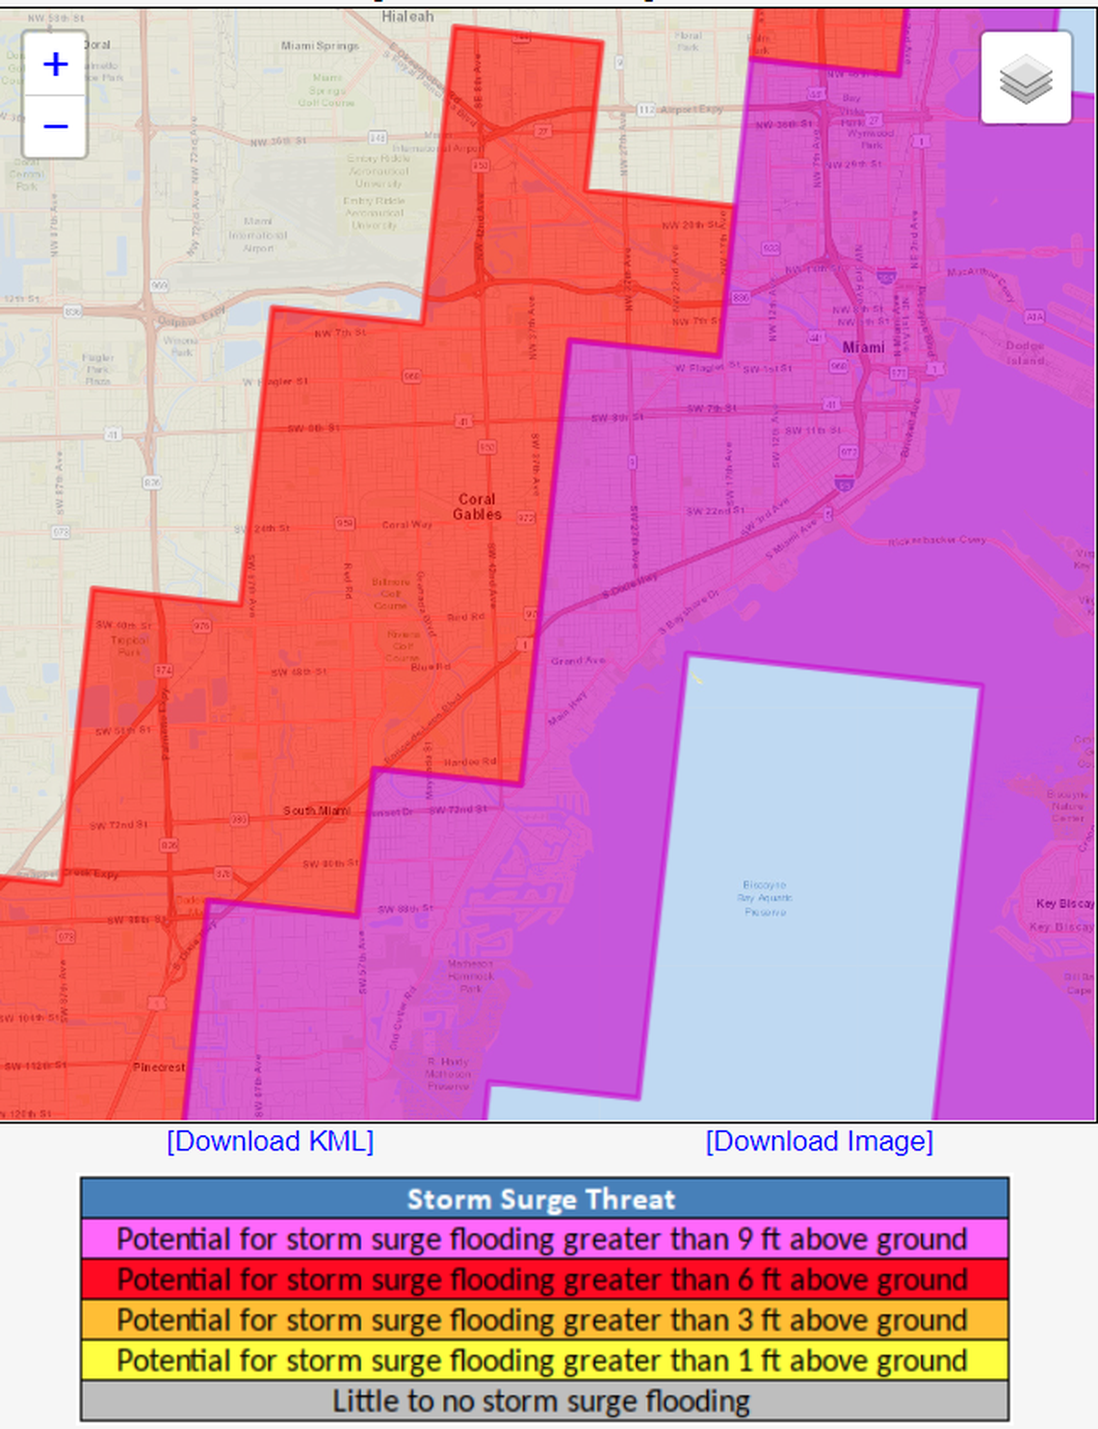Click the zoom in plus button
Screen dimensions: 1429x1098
pyautogui.click(x=56, y=65)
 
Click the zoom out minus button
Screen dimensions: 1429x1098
pyautogui.click(x=56, y=126)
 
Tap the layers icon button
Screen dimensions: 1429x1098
pyautogui.click(x=1026, y=78)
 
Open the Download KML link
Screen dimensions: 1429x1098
pyautogui.click(x=270, y=1141)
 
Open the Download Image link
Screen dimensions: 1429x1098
pyautogui.click(x=819, y=1141)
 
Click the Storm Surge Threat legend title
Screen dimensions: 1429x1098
pyautogui.click(x=544, y=1199)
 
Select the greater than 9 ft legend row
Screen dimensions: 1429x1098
pyautogui.click(x=544, y=1239)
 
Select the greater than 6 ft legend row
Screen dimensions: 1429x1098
pyautogui.click(x=544, y=1280)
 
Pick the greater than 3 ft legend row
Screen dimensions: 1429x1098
pyautogui.click(x=544, y=1320)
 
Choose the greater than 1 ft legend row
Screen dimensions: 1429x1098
pyautogui.click(x=544, y=1361)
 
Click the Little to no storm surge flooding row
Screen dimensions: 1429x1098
pyautogui.click(x=544, y=1401)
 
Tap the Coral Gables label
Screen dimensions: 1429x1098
pyautogui.click(x=478, y=507)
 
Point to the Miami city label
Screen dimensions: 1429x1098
pyautogui.click(x=863, y=347)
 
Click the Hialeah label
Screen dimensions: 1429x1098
pyautogui.click(x=407, y=16)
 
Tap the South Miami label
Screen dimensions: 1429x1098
pyautogui.click(x=316, y=810)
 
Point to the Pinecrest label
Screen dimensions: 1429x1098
pyautogui.click(x=159, y=1067)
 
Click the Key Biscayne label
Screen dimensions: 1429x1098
pyautogui.click(x=1064, y=904)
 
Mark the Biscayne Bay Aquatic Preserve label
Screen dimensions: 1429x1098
pyautogui.click(x=765, y=897)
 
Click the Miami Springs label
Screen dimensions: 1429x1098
pyautogui.click(x=320, y=45)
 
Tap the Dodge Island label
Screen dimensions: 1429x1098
pyautogui.click(x=1025, y=353)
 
